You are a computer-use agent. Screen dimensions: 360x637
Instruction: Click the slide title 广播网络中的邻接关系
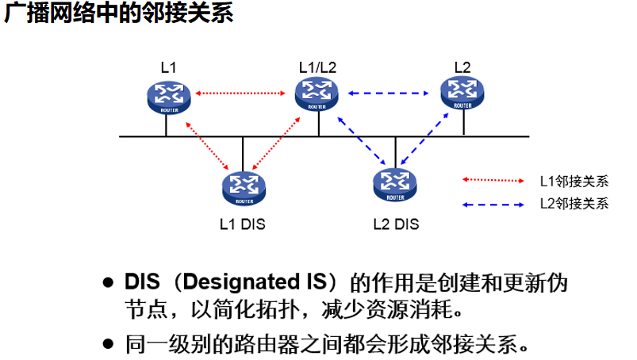[119, 15]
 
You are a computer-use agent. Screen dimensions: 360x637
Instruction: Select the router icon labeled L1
[168, 97]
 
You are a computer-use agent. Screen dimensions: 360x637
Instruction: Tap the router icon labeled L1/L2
[317, 94]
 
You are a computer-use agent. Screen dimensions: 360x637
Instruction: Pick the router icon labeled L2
[462, 94]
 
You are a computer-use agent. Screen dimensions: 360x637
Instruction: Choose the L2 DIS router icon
[394, 186]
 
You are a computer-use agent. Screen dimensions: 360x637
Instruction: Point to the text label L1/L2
[317, 67]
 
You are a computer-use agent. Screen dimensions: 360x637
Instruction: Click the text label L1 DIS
[242, 224]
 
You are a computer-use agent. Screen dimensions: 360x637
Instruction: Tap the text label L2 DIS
[395, 224]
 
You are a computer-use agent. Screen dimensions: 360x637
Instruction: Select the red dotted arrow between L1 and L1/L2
[240, 94]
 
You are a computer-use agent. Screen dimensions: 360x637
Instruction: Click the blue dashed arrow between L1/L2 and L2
[389, 94]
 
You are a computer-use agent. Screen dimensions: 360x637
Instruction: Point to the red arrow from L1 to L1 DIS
[204, 144]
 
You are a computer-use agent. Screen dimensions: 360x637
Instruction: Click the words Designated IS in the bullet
[263, 283]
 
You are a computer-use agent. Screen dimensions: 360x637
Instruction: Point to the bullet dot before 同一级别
[109, 345]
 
